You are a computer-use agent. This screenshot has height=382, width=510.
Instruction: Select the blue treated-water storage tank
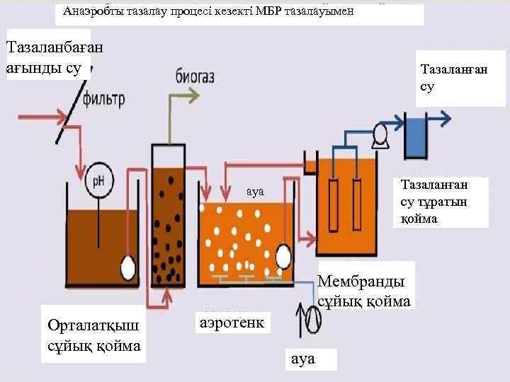(414, 139)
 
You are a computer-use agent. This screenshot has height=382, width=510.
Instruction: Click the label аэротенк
(232, 323)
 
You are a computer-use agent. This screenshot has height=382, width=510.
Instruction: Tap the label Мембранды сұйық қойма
(363, 291)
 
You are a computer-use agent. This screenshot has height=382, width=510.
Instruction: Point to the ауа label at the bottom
(302, 359)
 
